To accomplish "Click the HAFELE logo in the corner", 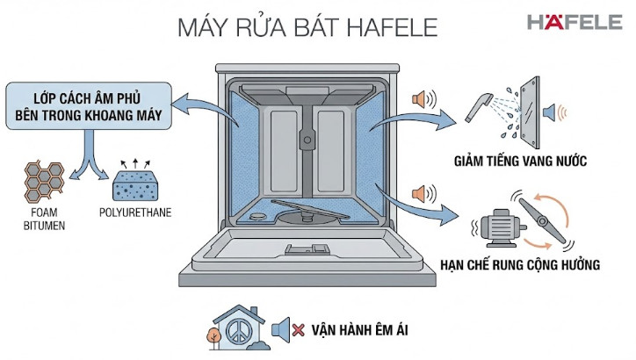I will pos(574,23).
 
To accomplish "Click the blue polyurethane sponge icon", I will pos(134,185).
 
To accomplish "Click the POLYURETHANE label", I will pos(135,212).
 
